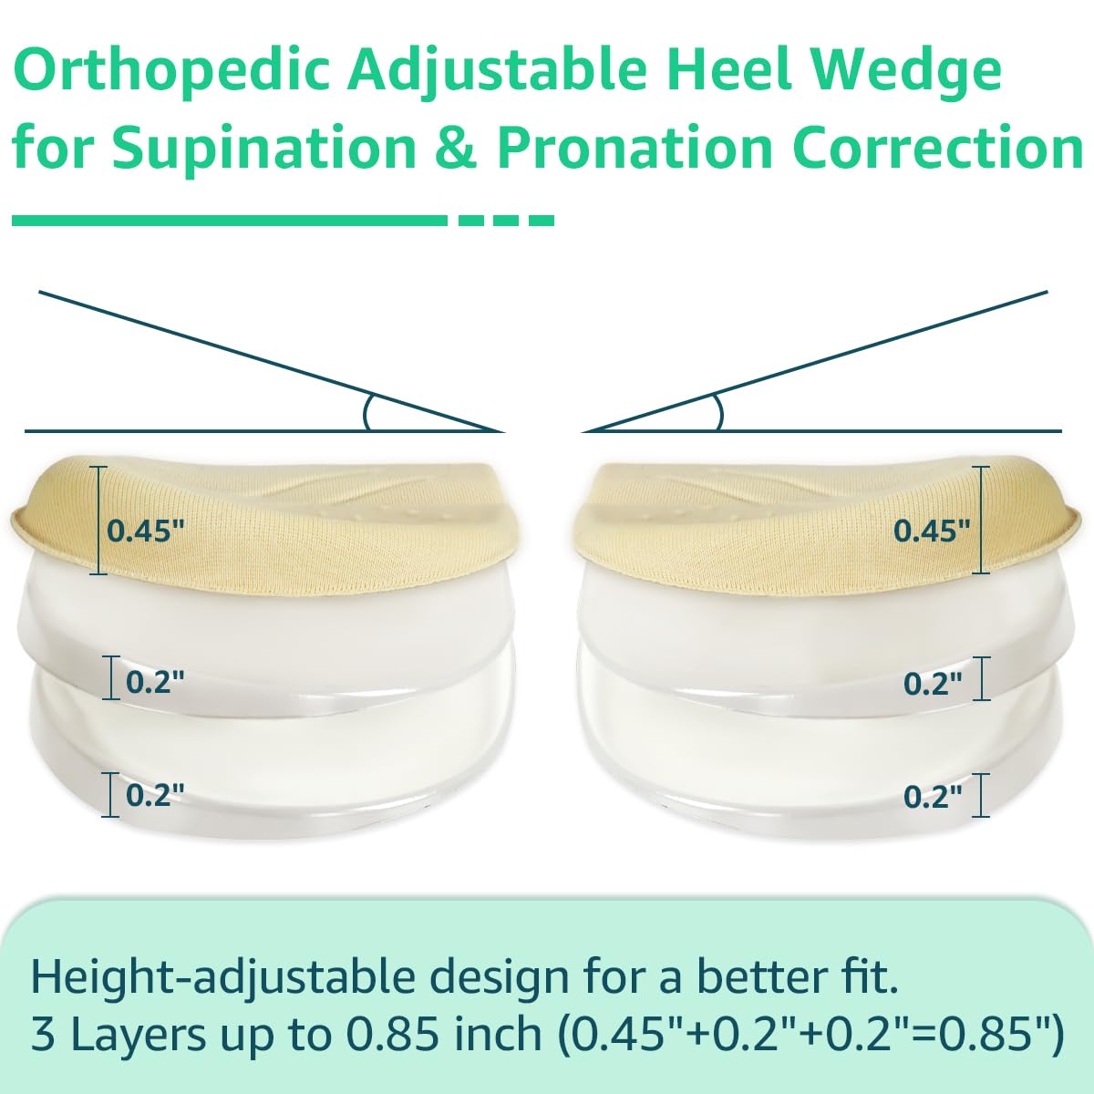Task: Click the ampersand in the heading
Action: tap(457, 149)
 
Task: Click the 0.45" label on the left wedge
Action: tap(139, 531)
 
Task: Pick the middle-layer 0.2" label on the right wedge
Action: tap(933, 684)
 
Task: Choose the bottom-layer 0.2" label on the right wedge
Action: tap(933, 797)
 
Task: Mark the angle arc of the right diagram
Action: tap(718, 411)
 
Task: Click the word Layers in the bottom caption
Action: tap(137, 1035)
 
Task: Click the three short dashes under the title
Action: tap(507, 221)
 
